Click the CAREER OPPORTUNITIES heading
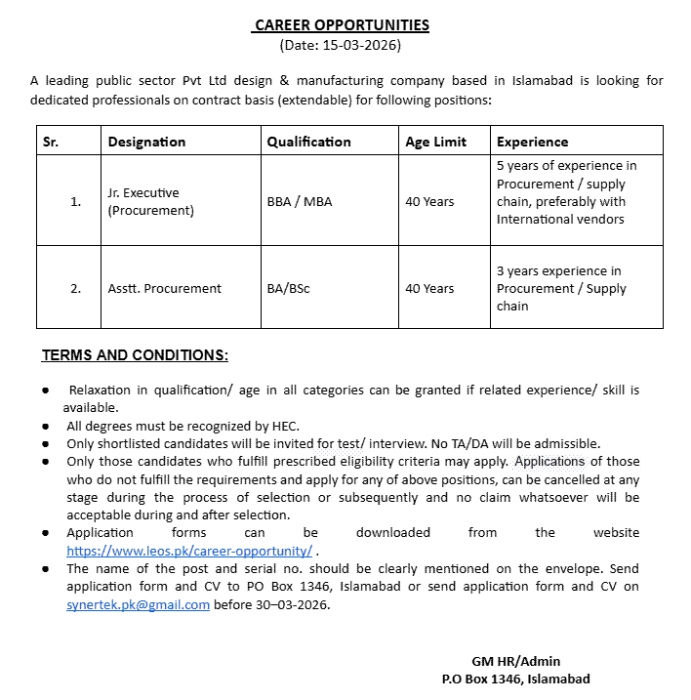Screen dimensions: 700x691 click(342, 25)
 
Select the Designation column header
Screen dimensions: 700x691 click(146, 142)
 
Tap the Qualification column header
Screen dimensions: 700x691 click(308, 142)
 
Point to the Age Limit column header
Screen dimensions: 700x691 click(435, 142)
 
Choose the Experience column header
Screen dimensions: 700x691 click(532, 142)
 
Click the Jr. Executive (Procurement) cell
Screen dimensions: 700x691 click(151, 202)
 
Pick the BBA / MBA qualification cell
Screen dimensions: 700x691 click(300, 202)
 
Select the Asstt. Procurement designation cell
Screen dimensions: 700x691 click(165, 289)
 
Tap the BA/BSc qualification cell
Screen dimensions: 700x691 click(289, 289)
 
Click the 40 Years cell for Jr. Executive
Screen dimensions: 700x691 click(429, 202)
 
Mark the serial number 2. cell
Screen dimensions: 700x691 click(75, 289)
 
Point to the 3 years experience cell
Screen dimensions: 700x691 click(561, 289)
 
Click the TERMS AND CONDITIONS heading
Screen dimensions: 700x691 click(136, 354)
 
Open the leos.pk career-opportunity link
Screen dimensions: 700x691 click(189, 551)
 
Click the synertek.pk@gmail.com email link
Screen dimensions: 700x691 click(138, 604)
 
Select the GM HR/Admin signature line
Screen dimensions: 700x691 click(515, 661)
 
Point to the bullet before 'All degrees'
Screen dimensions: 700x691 click(47, 427)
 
